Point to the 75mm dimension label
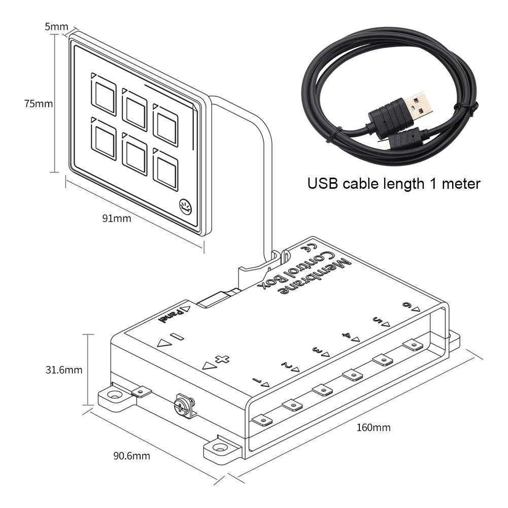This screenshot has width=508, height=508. click(x=39, y=104)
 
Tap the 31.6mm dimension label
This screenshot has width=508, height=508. click(x=62, y=370)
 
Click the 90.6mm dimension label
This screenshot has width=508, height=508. click(x=131, y=456)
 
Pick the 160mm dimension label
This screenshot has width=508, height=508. click(x=374, y=427)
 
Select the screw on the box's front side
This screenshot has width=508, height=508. click(x=182, y=405)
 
